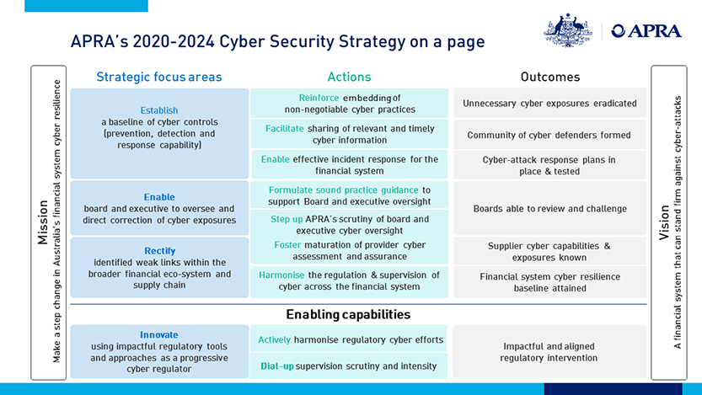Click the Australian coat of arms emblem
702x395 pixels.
(x=568, y=30)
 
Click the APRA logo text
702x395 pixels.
(x=646, y=31)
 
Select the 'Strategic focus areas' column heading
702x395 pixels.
(x=159, y=77)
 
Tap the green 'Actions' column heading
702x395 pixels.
(x=349, y=77)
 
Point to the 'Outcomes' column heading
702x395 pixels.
(x=550, y=77)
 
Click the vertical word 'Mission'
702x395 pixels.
(x=43, y=222)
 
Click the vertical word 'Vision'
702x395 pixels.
(x=664, y=222)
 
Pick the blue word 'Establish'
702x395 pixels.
(x=159, y=110)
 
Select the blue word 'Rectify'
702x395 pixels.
(x=160, y=251)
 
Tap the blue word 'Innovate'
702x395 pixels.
(x=159, y=334)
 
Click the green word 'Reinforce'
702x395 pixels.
(x=319, y=98)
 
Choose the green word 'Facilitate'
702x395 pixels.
(x=285, y=129)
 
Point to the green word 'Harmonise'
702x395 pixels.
(x=281, y=275)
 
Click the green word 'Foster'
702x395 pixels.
(x=288, y=245)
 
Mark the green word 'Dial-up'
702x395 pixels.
(x=277, y=366)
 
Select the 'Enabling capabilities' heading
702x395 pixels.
(x=348, y=314)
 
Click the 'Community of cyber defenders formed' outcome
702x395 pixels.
(x=549, y=135)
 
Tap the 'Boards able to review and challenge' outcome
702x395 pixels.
(x=550, y=209)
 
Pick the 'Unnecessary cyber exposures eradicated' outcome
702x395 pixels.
(x=549, y=104)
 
